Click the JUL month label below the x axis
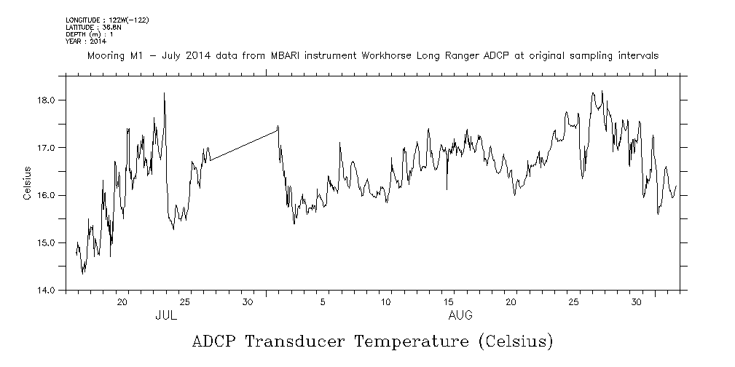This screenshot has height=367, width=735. tap(166, 316)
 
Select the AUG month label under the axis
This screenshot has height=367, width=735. tap(460, 316)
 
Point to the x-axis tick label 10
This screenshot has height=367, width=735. tap(386, 302)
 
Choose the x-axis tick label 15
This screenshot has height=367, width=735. tap(449, 302)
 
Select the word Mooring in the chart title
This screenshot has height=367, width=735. tap(106, 55)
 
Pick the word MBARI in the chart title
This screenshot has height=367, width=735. tap(270, 55)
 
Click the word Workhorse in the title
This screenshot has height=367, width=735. tap(387, 55)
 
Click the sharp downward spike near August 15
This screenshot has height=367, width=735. tap(447, 182)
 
